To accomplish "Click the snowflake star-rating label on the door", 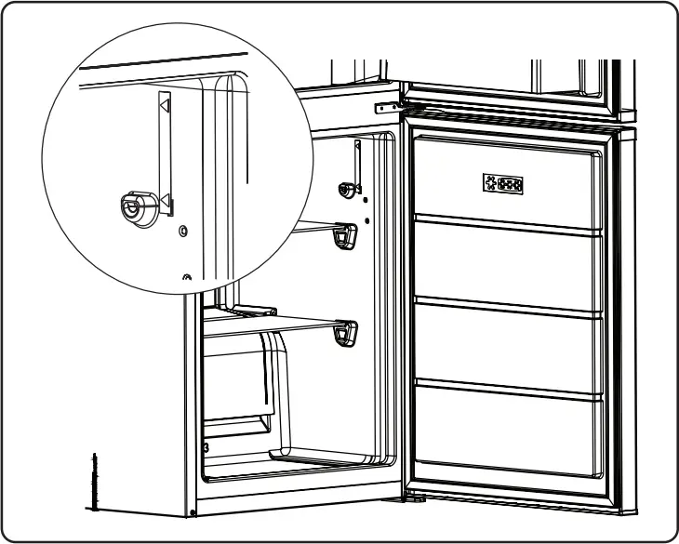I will [502, 184].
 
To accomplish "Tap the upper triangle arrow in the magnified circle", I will [165, 106].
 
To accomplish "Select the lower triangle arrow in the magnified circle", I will [165, 200].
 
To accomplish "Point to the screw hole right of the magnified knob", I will [182, 229].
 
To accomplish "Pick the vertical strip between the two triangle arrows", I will [165, 153].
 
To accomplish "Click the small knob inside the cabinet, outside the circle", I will [349, 190].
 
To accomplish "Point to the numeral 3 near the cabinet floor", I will [206, 446].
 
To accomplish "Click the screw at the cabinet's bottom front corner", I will [192, 511].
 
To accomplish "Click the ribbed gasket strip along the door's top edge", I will [512, 119].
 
